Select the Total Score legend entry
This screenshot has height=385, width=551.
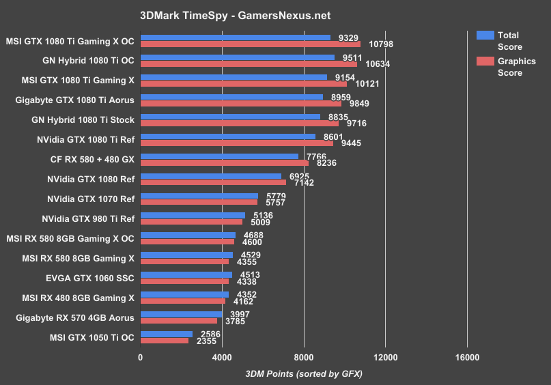(x=508, y=41)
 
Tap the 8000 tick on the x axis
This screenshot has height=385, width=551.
(x=304, y=358)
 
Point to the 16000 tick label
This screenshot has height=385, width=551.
(x=466, y=358)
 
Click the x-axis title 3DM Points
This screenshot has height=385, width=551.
(x=302, y=373)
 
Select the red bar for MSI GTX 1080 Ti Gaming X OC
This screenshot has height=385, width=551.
(x=250, y=44)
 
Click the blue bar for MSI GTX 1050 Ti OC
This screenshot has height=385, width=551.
(x=167, y=334)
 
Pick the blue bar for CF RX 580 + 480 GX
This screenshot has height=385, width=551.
(x=219, y=156)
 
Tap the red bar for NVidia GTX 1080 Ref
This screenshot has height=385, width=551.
(x=213, y=182)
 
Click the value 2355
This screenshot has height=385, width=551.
(x=206, y=341)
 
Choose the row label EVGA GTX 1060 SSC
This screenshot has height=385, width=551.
(x=88, y=278)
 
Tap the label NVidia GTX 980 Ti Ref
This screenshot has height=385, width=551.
(x=88, y=218)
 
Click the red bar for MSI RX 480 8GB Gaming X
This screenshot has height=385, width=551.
(x=182, y=301)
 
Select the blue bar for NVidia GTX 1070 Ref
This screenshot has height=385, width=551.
(x=199, y=196)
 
